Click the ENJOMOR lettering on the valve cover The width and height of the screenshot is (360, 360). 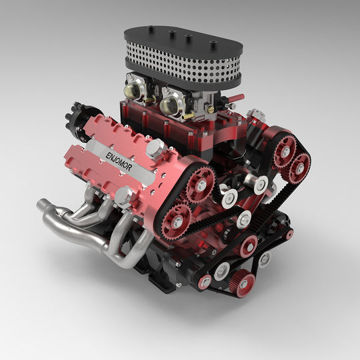[x=119, y=162]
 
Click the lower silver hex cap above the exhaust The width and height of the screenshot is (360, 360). [x=123, y=195]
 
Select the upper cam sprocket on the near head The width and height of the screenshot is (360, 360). [x=201, y=182]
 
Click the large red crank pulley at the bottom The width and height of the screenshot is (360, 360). [x=242, y=284]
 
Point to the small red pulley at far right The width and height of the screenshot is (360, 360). [x=289, y=234]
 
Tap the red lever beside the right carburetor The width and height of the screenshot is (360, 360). [x=234, y=100]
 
